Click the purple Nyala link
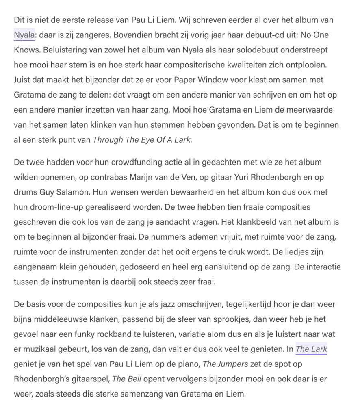(24, 35)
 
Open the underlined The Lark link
(311, 349)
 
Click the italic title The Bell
(124, 379)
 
